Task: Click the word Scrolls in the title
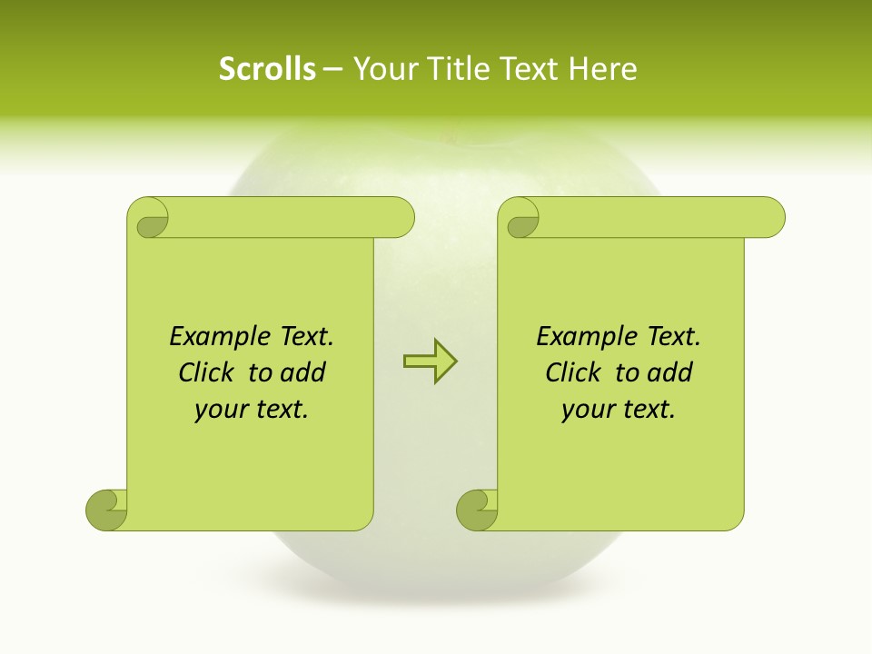tap(267, 68)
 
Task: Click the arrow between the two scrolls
tap(430, 362)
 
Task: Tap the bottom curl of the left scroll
tap(106, 510)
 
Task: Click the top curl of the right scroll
tap(520, 219)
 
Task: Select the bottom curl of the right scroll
tap(477, 510)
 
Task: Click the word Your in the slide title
tap(382, 68)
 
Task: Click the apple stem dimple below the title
tap(444, 138)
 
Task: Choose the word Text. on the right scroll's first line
tap(673, 337)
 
